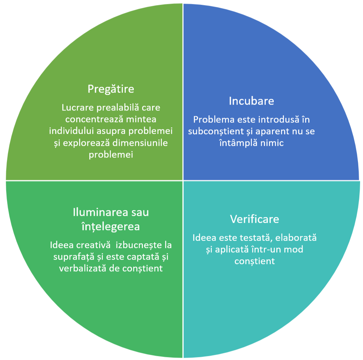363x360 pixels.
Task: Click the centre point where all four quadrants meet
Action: (183, 180)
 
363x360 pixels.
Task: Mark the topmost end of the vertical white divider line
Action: (183, 4)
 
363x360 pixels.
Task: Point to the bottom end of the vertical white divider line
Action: (183, 358)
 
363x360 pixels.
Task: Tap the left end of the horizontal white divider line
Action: (6, 180)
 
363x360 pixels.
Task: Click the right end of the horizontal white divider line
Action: (360, 180)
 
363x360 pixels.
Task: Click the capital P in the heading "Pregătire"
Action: (90, 89)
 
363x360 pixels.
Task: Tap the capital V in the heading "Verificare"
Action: (234, 219)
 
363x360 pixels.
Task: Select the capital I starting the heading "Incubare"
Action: (230, 101)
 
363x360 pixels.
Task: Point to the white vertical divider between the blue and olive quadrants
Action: (183, 92)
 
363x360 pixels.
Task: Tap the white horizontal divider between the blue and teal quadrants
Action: (271, 180)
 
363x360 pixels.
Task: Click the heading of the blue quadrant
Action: (251, 101)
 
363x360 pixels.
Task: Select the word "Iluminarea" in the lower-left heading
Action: (101, 212)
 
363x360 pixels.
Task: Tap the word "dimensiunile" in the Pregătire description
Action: (140, 143)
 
